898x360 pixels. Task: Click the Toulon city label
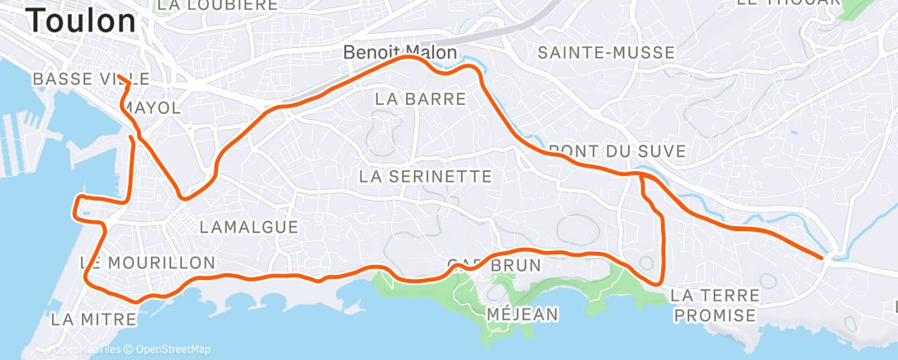pyautogui.click(x=82, y=21)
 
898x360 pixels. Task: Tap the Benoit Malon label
pyautogui.click(x=400, y=53)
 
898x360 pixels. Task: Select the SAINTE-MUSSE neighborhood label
pyautogui.click(x=606, y=53)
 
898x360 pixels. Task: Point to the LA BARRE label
pyautogui.click(x=420, y=98)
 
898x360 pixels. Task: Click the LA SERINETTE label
pyautogui.click(x=426, y=176)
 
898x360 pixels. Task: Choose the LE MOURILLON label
pyautogui.click(x=148, y=263)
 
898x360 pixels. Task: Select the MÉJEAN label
pyautogui.click(x=523, y=314)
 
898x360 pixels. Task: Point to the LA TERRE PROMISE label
pyautogui.click(x=713, y=304)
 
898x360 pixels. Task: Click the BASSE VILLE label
pyautogui.click(x=91, y=78)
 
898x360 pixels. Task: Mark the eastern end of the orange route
pyautogui.click(x=822, y=258)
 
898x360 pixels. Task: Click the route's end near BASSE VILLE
pyautogui.click(x=119, y=77)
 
